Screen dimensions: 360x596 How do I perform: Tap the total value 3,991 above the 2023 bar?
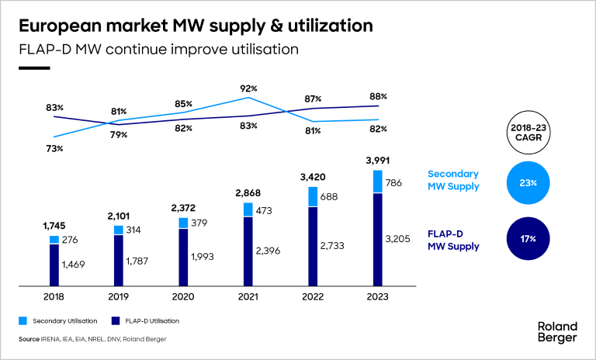(x=378, y=161)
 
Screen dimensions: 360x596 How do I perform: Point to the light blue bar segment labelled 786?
(x=378, y=182)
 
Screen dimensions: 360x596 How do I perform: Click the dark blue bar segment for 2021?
(x=248, y=251)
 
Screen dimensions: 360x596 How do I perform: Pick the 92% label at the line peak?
(x=248, y=88)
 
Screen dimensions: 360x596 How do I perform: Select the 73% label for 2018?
(x=54, y=147)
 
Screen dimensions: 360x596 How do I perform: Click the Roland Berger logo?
(x=557, y=331)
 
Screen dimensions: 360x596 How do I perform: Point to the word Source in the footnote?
(x=29, y=339)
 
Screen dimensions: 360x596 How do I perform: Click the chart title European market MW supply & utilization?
(x=195, y=26)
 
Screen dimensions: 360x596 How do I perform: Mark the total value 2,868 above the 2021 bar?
(x=248, y=192)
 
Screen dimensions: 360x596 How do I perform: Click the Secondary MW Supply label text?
(x=453, y=180)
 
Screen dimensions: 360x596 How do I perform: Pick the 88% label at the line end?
(x=378, y=96)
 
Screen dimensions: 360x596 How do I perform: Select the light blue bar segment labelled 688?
(x=313, y=197)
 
